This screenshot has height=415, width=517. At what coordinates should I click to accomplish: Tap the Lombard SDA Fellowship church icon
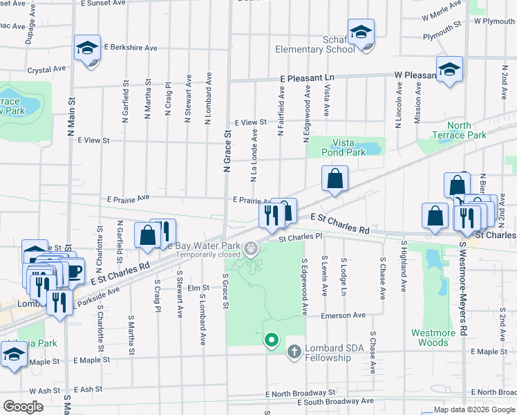[x=294, y=352]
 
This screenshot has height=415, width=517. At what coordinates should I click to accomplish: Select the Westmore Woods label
[x=433, y=338]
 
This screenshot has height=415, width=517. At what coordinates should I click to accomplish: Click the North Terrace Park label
[x=449, y=131]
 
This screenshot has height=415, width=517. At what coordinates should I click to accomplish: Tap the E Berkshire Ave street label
[x=131, y=48]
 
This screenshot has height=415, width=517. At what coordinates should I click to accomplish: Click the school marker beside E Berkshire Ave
[x=88, y=48]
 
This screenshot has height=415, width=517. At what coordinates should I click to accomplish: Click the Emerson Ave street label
[x=342, y=315]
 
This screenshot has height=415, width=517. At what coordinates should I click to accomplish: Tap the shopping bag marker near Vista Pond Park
[x=335, y=179]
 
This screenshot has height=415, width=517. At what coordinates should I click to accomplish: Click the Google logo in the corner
[x=23, y=406]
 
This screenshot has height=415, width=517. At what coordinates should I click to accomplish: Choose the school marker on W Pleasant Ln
[x=449, y=70]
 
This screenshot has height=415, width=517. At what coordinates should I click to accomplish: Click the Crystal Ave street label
[x=46, y=69]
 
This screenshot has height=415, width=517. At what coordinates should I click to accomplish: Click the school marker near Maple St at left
[x=12, y=356]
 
